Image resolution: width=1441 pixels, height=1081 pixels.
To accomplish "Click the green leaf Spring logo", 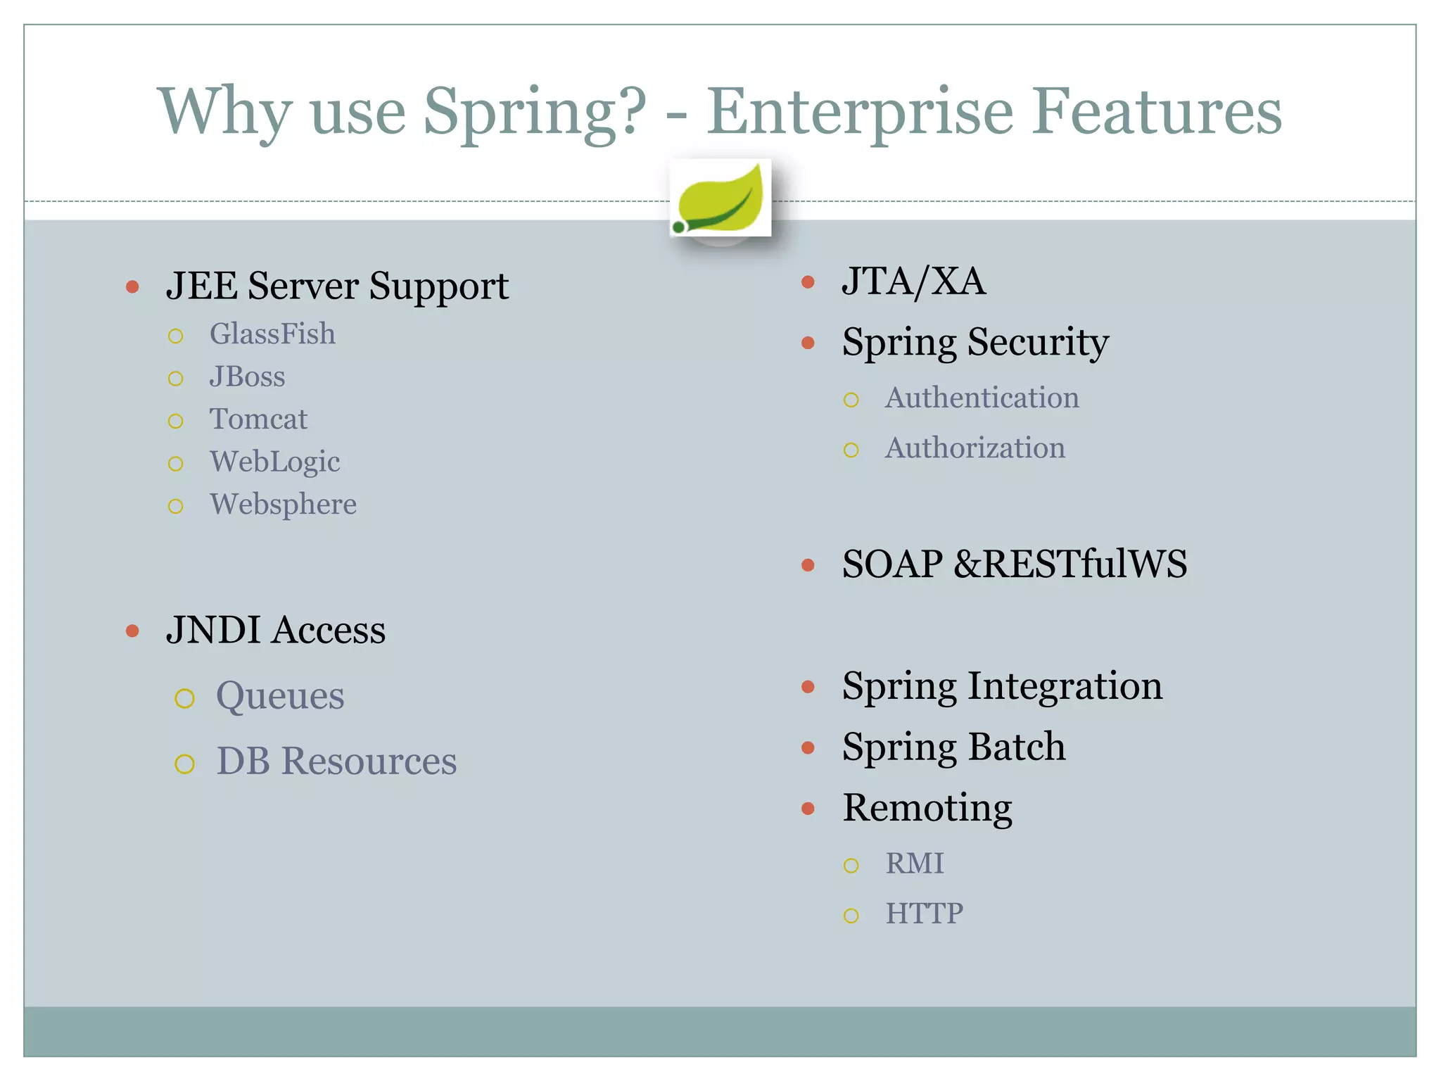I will point(720,198).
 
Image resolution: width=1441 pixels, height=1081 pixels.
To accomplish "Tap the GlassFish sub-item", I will point(272,334).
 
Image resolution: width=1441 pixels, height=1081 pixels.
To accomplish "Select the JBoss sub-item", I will point(247,377).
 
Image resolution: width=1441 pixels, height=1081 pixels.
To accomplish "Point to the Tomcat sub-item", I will point(258,419).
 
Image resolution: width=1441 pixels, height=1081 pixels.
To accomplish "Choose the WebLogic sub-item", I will point(274,462).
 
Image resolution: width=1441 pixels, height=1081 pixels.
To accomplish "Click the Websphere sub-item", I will point(283,505).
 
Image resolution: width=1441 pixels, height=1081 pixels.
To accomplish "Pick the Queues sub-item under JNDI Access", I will point(280,696).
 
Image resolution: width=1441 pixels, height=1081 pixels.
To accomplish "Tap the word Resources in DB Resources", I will point(369,761).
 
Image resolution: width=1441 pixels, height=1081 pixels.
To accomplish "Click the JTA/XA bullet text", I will point(913,282).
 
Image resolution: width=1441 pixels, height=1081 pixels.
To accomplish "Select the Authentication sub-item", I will point(982,398).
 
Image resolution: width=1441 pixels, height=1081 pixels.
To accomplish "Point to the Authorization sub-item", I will point(975,448).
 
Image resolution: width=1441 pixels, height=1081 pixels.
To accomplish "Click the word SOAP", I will point(892,564).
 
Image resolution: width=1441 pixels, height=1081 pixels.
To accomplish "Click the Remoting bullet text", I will point(927,808).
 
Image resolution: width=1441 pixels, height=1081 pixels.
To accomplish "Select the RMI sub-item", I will point(914,864).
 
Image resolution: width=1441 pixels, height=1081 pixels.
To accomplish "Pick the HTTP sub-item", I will point(924,914).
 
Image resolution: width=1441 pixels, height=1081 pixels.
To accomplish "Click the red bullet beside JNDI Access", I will point(132,631).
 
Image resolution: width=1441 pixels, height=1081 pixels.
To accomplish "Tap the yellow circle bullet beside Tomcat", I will point(176,422).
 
